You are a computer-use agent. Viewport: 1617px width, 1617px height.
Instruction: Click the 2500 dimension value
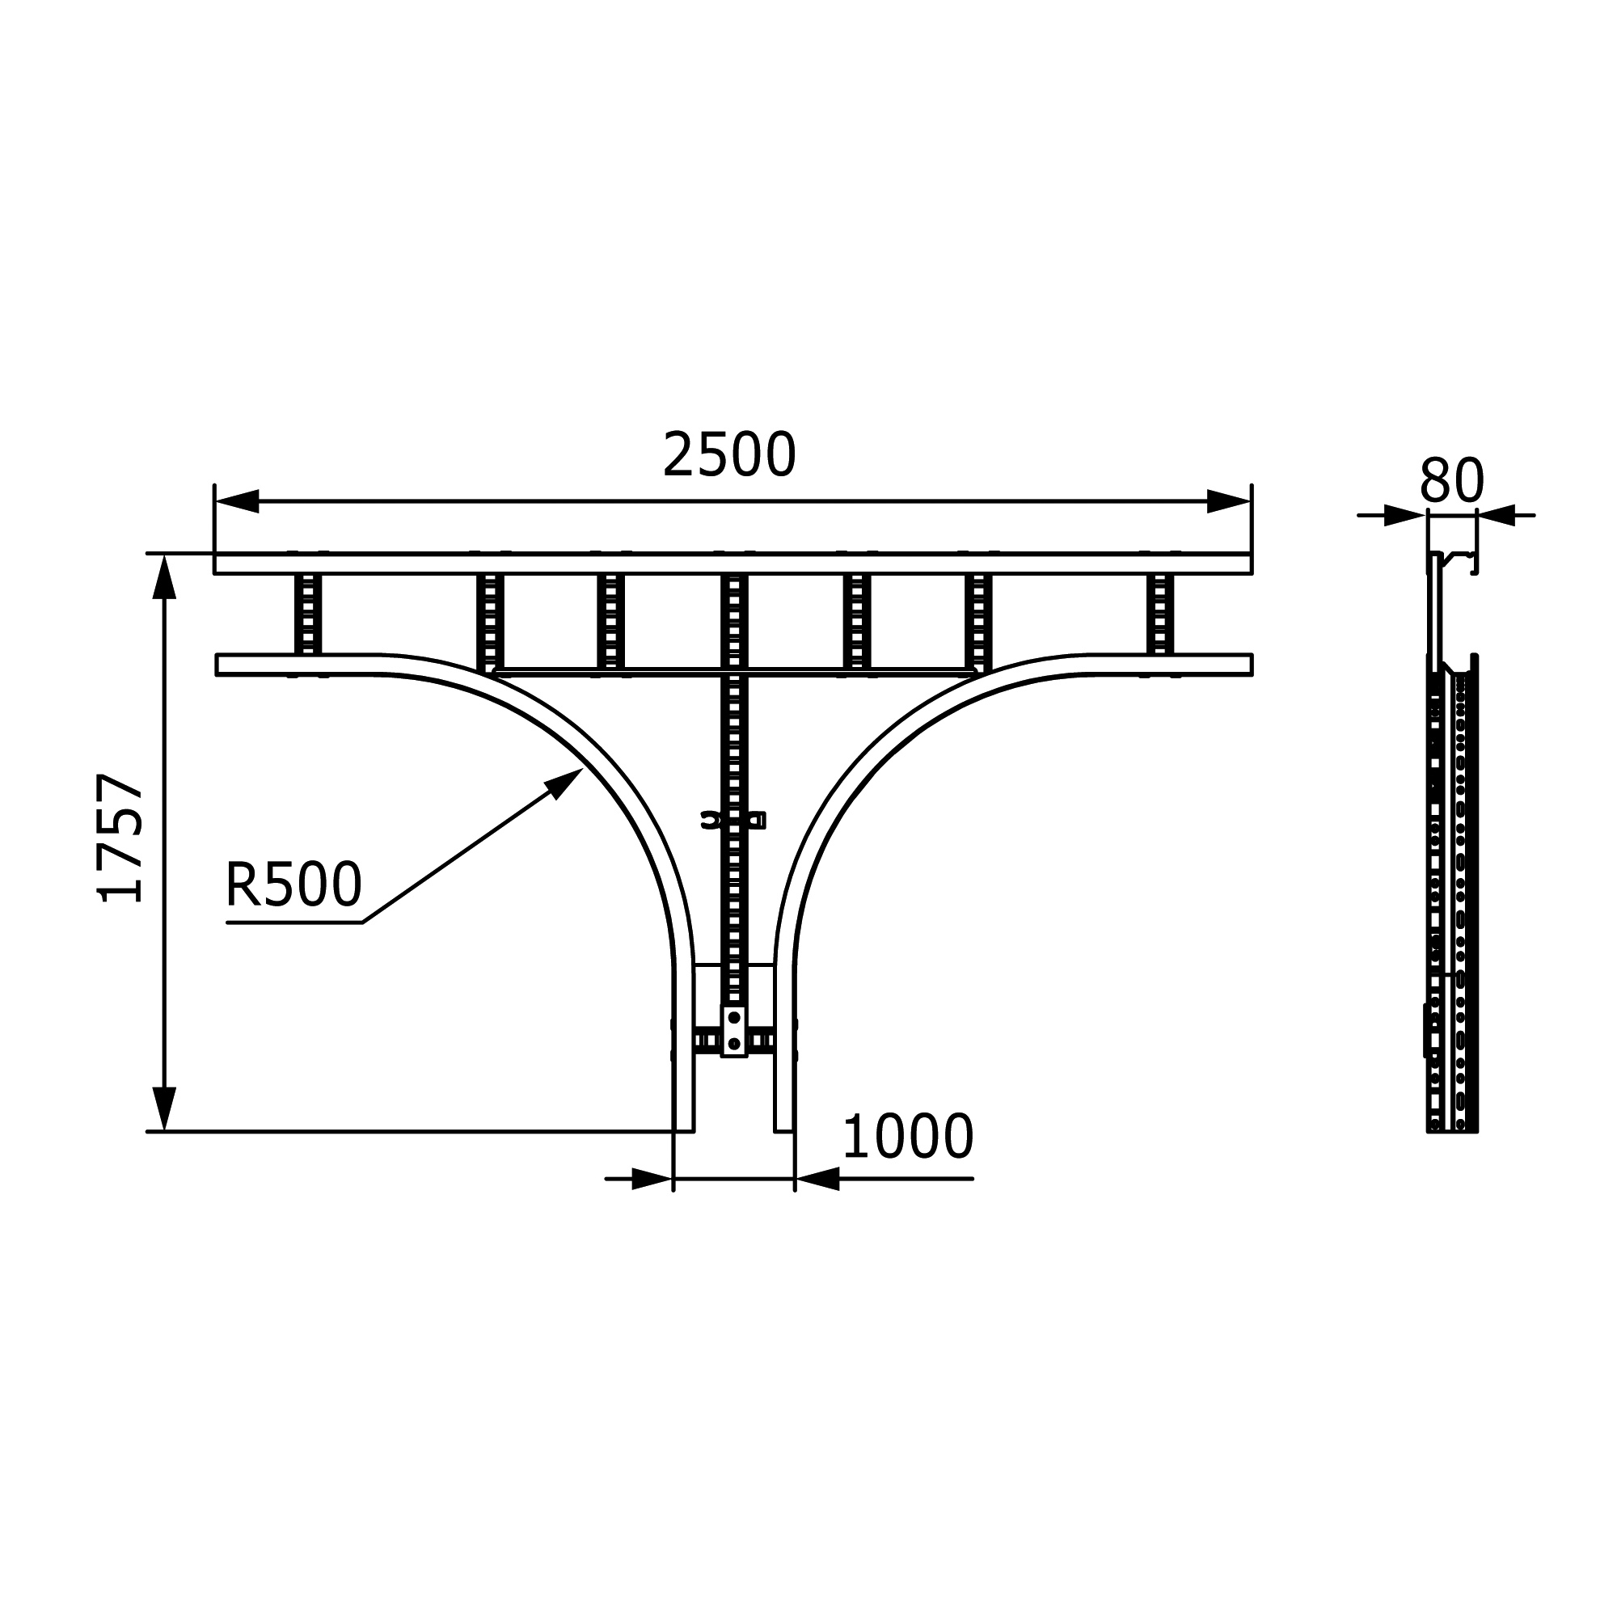point(729,456)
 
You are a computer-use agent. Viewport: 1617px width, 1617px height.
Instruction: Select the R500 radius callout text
point(293,884)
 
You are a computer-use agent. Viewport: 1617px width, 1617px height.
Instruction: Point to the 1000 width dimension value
point(908,1138)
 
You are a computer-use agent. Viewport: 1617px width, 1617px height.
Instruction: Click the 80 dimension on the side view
point(1452,482)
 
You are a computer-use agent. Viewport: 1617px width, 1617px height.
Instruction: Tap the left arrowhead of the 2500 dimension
point(237,501)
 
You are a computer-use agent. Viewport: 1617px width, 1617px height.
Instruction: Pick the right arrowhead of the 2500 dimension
point(1230,501)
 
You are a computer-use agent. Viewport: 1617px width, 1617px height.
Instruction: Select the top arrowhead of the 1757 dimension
point(164,576)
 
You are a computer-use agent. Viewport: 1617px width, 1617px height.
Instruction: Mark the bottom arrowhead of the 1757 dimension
point(164,1109)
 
